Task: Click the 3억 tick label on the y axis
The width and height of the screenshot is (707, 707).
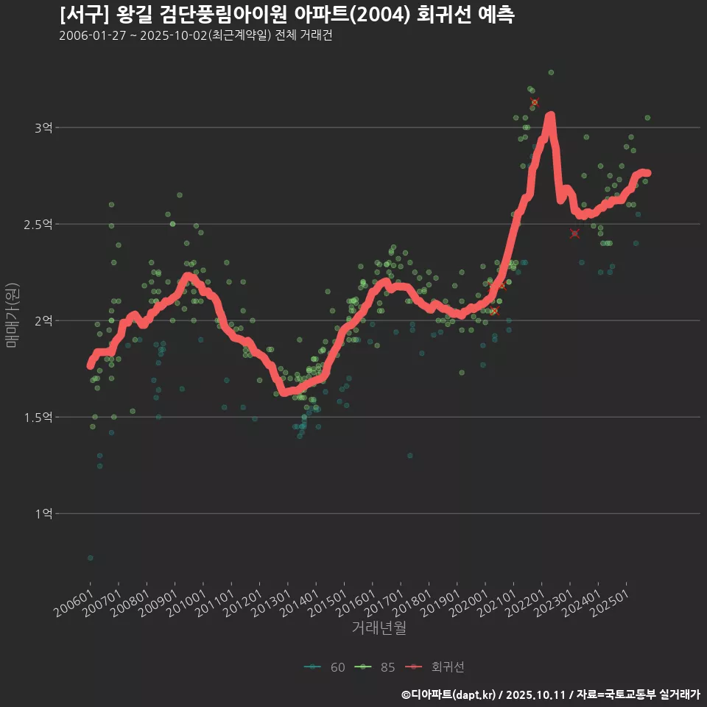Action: [43, 127]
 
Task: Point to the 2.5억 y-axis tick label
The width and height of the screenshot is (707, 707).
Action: [40, 224]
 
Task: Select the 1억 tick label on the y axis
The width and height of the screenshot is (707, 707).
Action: [43, 513]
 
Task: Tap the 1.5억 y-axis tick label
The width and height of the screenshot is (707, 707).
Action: [40, 417]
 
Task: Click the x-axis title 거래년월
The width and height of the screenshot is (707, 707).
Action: [379, 627]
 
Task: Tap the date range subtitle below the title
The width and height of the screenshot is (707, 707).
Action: [195, 35]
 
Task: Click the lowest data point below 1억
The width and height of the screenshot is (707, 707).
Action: [90, 558]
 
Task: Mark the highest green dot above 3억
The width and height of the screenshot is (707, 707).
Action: [551, 72]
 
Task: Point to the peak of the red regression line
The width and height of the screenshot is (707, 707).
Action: [550, 116]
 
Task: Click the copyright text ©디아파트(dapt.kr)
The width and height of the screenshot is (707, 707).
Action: [451, 694]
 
